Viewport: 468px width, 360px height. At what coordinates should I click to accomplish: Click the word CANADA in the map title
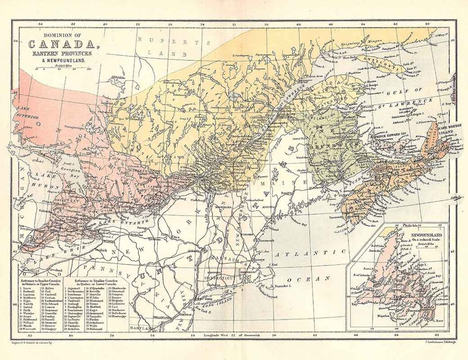(x=60, y=44)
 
